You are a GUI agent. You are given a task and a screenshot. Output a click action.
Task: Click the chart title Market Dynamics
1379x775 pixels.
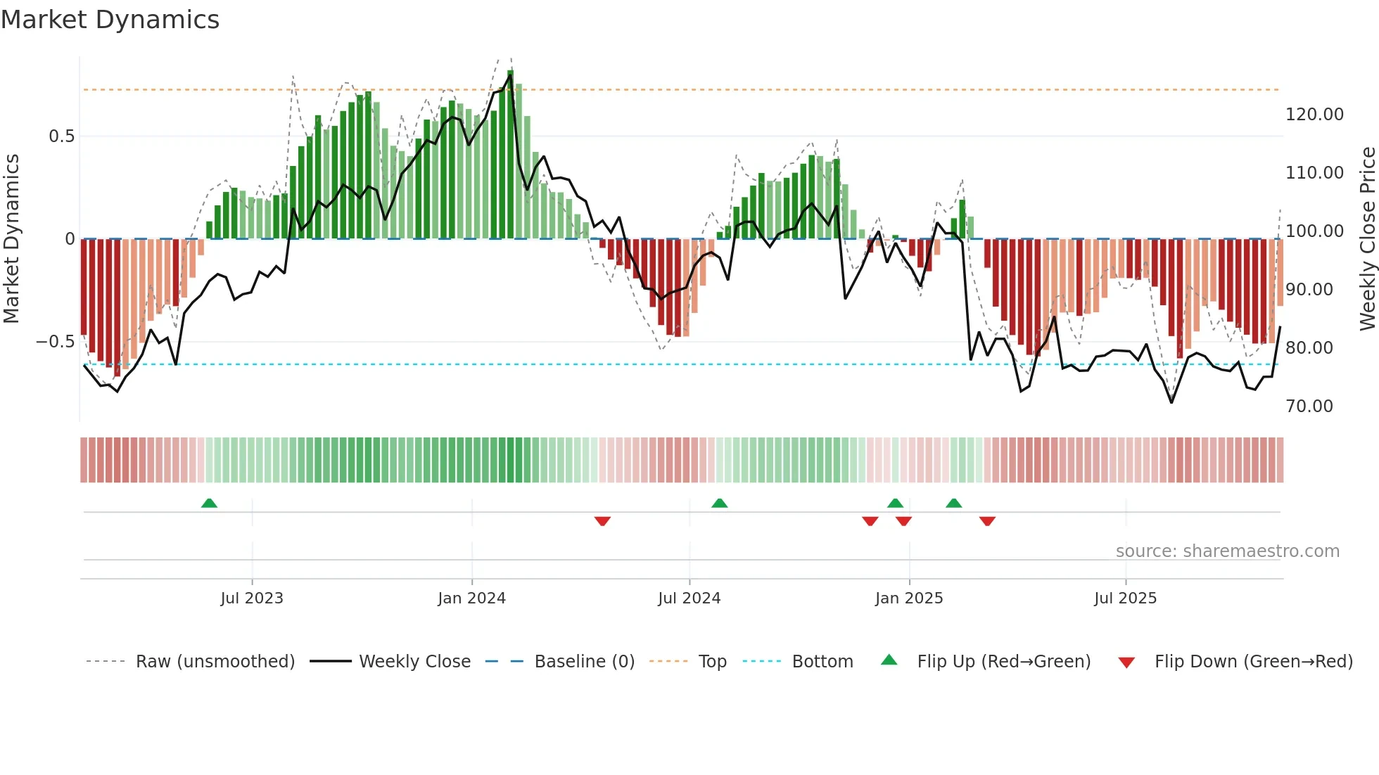coord(110,20)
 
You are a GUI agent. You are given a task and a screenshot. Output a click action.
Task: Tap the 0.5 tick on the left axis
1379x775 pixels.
coord(61,136)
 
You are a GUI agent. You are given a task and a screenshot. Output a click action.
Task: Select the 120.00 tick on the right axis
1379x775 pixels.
coord(1314,115)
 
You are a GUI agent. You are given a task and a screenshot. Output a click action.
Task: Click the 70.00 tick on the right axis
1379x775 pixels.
coord(1309,406)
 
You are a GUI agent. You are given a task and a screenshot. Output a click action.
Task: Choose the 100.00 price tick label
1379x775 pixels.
coord(1314,231)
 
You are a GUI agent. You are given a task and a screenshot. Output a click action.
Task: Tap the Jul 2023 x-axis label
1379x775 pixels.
coord(251,598)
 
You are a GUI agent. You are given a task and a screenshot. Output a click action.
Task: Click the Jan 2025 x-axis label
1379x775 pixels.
coord(908,598)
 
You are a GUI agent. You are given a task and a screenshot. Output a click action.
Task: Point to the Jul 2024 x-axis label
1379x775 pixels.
coord(689,598)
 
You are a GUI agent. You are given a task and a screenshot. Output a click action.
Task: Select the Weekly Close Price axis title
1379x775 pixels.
coord(1367,239)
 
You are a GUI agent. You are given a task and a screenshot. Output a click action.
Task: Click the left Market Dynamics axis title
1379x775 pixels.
coord(11,239)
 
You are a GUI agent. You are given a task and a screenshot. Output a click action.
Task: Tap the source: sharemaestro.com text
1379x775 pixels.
coord(1227,551)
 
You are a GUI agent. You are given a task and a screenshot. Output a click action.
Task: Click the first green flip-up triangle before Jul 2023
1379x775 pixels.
coord(209,504)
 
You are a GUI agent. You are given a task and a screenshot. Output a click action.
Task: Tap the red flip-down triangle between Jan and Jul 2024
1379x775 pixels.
coord(602,521)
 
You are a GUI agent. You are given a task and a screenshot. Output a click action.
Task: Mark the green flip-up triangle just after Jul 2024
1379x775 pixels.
coord(719,504)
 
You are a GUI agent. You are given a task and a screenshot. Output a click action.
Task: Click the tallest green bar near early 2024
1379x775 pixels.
coord(510,155)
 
